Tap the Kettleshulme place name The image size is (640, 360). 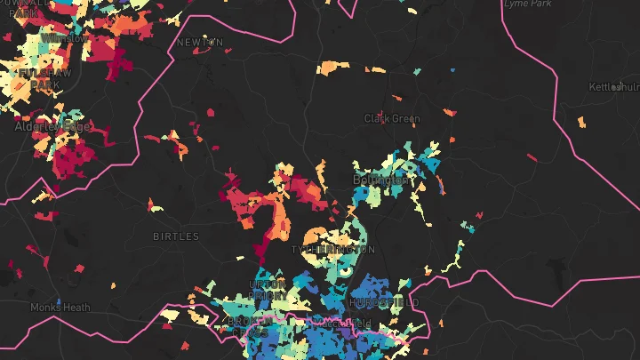(614, 87)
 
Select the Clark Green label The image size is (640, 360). (392, 118)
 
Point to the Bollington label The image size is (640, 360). (381, 180)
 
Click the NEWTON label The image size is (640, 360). (200, 42)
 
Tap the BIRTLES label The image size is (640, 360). (176, 236)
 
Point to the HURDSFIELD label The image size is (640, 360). (384, 303)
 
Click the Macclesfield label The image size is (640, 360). (338, 324)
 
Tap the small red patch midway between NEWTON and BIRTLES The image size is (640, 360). (211, 113)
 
